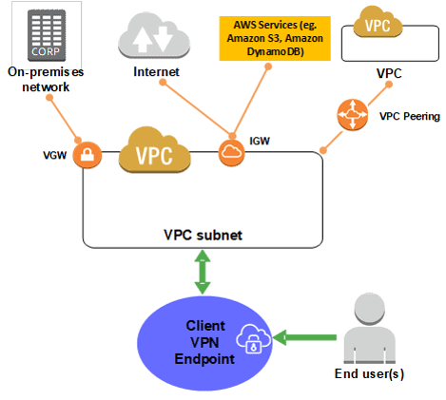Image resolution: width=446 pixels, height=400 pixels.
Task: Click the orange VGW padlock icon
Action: tap(89, 154)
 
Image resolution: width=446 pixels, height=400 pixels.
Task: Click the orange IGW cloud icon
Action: tap(231, 153)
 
